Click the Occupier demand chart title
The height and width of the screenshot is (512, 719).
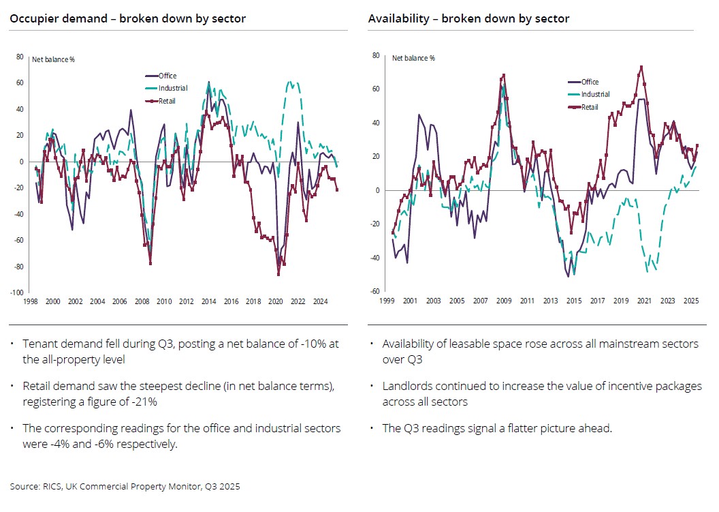[x=127, y=19]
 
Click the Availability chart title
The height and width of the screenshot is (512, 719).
[x=468, y=19]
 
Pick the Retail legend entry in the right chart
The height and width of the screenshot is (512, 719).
[x=588, y=107]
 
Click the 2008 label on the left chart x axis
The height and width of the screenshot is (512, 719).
[x=142, y=301]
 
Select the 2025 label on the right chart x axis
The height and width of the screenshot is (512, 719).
[x=690, y=301]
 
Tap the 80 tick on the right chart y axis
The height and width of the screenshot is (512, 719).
[x=376, y=55]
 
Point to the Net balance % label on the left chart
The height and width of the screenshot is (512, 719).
[x=54, y=59]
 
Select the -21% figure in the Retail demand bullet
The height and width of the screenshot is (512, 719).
[x=145, y=402]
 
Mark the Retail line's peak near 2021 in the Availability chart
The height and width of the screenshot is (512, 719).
[x=641, y=67]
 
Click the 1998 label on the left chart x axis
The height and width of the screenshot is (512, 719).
[x=30, y=301]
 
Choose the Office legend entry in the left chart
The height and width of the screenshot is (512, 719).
[x=167, y=76]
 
